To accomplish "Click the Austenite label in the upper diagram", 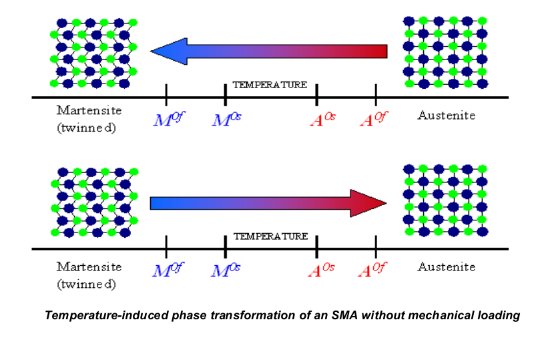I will point(447,115).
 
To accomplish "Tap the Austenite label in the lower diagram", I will point(447,266).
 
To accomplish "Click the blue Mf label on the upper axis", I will point(167,120).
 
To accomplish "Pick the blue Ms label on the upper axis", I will point(226,120).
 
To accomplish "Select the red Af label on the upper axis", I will point(373,120).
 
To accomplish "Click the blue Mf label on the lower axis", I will point(167,271).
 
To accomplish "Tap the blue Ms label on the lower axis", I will point(226,271).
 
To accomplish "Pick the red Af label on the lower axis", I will point(373,271).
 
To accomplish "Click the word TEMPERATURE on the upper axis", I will point(270,85).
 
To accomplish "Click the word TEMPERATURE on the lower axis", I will point(270,236).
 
